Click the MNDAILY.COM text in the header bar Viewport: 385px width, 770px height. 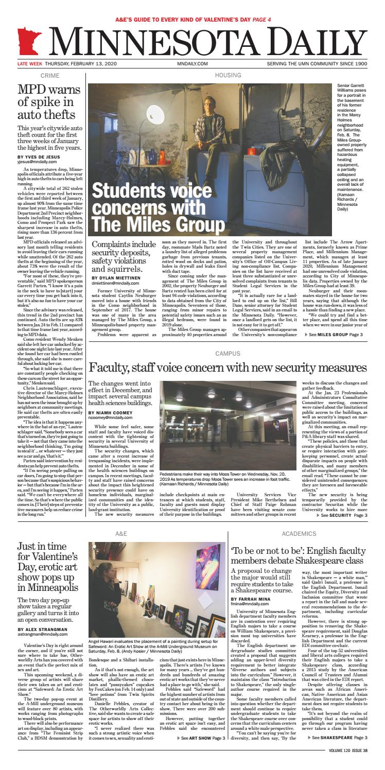[x=192, y=63]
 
